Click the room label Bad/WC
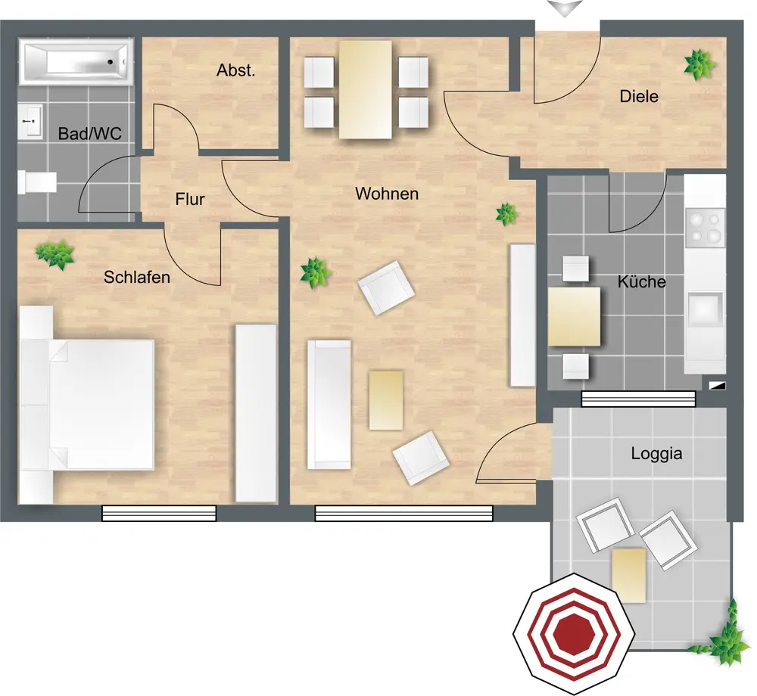[90, 134]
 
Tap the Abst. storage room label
[235, 70]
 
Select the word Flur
[190, 199]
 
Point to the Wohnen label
[387, 194]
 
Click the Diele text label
[639, 96]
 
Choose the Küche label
[642, 281]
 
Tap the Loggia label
[656, 453]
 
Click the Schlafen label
[136, 278]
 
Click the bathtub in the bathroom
[76, 62]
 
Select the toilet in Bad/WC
[37, 182]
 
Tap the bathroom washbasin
[31, 122]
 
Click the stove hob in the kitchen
[705, 227]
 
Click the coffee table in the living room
[386, 400]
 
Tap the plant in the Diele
[699, 64]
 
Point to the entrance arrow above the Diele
[565, 8]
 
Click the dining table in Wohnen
[365, 89]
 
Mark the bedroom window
[159, 513]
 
